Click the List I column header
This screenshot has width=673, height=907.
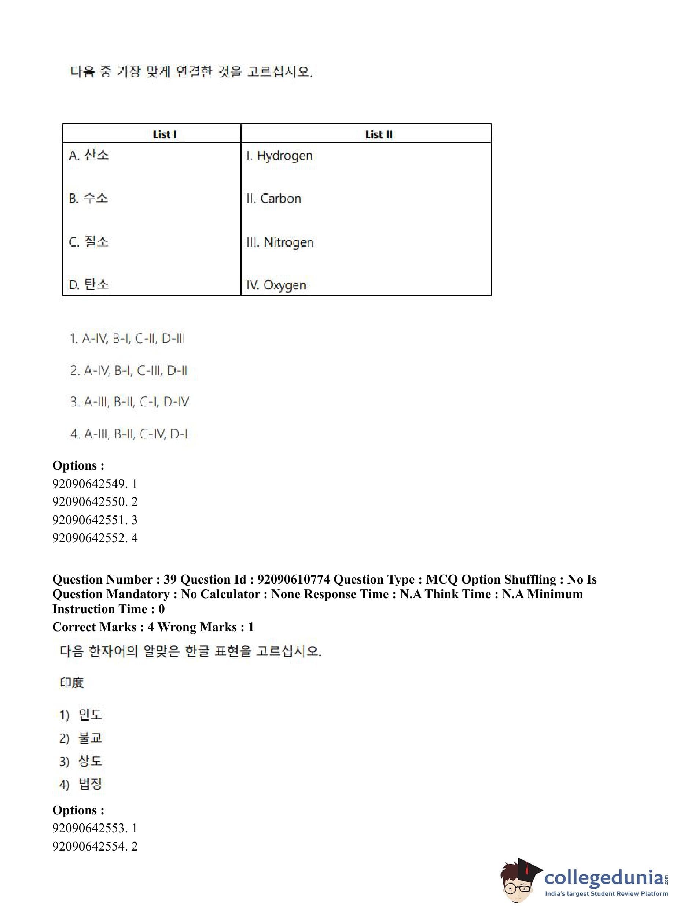click(x=165, y=134)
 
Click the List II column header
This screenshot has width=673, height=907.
click(x=378, y=134)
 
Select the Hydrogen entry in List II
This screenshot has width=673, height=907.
click(x=279, y=156)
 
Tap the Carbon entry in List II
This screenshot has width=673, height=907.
click(x=274, y=199)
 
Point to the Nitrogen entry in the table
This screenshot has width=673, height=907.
click(x=280, y=242)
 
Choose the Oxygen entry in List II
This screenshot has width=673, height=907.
click(x=276, y=285)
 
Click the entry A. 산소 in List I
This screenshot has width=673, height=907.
click(x=88, y=155)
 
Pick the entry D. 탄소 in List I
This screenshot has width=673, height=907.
click(x=88, y=285)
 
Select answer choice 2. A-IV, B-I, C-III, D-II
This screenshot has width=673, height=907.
click(x=129, y=370)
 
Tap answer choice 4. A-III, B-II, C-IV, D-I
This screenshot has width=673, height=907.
click(x=129, y=434)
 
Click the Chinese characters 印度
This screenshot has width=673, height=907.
click(x=72, y=683)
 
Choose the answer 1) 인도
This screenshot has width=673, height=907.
click(x=81, y=714)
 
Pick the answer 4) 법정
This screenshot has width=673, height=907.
click(x=81, y=784)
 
